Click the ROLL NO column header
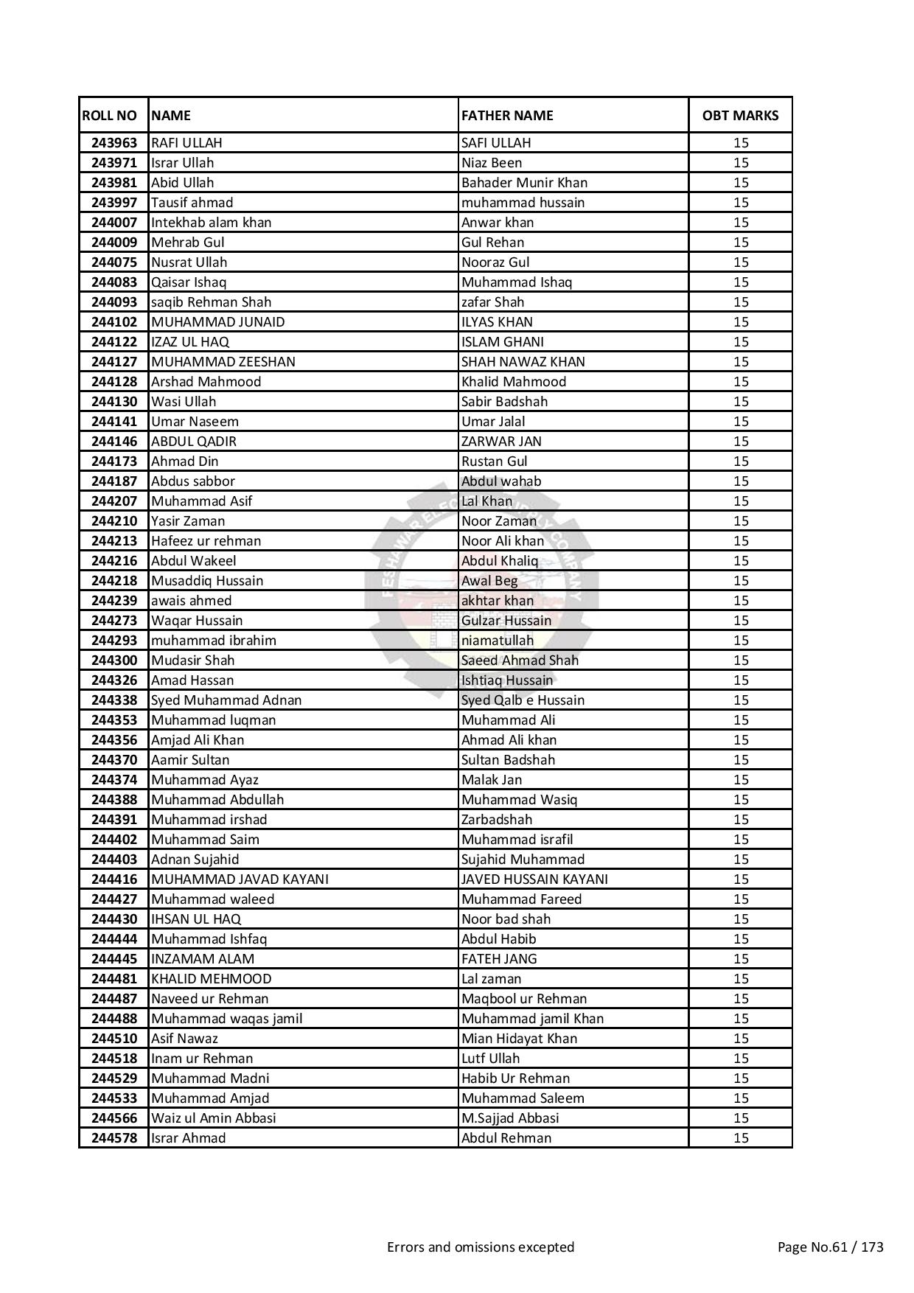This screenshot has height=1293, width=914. (110, 115)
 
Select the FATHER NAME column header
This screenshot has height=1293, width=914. (507, 115)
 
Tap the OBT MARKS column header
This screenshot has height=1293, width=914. (740, 115)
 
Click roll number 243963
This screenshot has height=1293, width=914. (114, 142)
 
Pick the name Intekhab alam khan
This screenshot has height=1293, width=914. (211, 222)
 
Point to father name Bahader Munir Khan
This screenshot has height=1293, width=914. (524, 182)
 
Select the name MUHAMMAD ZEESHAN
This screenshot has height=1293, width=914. (223, 361)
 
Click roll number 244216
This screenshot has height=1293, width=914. (114, 560)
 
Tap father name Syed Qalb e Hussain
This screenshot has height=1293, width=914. (523, 700)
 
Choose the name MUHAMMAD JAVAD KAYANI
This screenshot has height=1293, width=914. (240, 879)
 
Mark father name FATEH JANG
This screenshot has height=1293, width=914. (499, 958)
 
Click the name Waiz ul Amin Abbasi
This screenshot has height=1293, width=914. (213, 1118)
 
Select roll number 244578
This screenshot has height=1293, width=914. (114, 1137)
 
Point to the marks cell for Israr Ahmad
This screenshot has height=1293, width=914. (741, 1137)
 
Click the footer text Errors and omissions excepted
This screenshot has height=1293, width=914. (481, 1247)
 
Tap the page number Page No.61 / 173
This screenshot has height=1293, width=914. (830, 1247)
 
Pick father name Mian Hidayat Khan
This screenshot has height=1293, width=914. (519, 1038)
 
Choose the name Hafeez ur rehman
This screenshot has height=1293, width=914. (206, 540)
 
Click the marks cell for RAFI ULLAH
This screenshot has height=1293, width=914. (741, 142)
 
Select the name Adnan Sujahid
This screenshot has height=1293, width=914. (195, 859)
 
